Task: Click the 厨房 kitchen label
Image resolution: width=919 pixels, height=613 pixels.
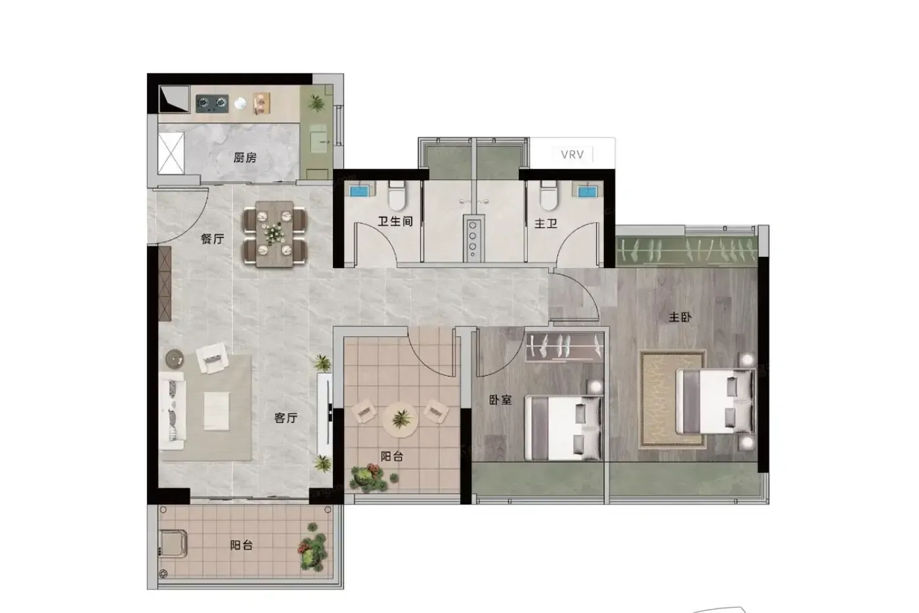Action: (245, 158)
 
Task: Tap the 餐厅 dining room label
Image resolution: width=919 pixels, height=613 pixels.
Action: (213, 239)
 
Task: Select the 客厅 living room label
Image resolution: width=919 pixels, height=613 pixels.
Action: (286, 418)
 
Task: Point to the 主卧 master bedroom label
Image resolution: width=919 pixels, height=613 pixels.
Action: (680, 317)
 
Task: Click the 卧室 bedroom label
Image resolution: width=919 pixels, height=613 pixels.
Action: (500, 400)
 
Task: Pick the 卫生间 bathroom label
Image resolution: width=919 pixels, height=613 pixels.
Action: (395, 221)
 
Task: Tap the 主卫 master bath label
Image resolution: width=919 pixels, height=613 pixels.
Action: (545, 224)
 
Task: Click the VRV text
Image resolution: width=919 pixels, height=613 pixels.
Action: (572, 155)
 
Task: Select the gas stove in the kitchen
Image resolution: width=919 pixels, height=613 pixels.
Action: (211, 103)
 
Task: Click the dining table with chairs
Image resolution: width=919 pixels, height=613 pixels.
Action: (274, 234)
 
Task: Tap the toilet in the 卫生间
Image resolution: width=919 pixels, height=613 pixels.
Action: (396, 196)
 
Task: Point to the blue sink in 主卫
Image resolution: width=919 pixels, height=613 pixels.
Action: (588, 192)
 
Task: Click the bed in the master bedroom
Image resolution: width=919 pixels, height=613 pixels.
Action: (715, 401)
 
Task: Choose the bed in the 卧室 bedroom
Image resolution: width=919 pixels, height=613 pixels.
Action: (564, 428)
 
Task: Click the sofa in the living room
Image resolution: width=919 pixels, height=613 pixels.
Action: (172, 411)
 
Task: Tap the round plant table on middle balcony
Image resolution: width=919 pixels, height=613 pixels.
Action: (400, 419)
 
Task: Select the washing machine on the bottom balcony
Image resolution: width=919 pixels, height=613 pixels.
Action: (173, 543)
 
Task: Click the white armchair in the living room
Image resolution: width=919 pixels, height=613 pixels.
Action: (212, 358)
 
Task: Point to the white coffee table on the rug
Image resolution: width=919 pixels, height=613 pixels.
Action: (217, 411)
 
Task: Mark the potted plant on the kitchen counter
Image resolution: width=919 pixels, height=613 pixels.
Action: (316, 102)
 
